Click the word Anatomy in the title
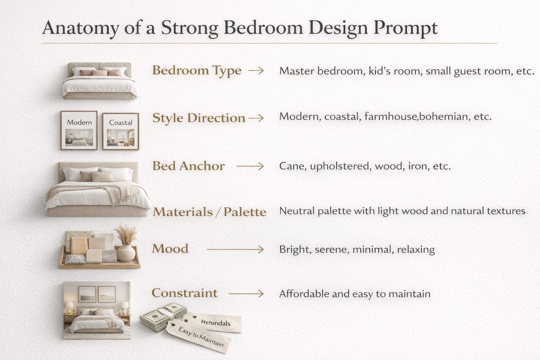pos(81,28)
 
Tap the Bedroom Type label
pos(197,71)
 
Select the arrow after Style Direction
pos(256,118)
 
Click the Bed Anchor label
pos(188,166)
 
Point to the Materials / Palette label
pos(210,212)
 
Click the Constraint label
pos(185,293)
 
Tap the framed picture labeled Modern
pos(79,130)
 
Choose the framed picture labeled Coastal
pos(121,131)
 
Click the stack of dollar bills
pos(162,316)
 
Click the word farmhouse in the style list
pos(391,116)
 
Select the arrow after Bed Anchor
pos(250,166)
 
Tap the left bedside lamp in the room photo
pos(70,307)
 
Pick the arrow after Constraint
pos(246,294)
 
